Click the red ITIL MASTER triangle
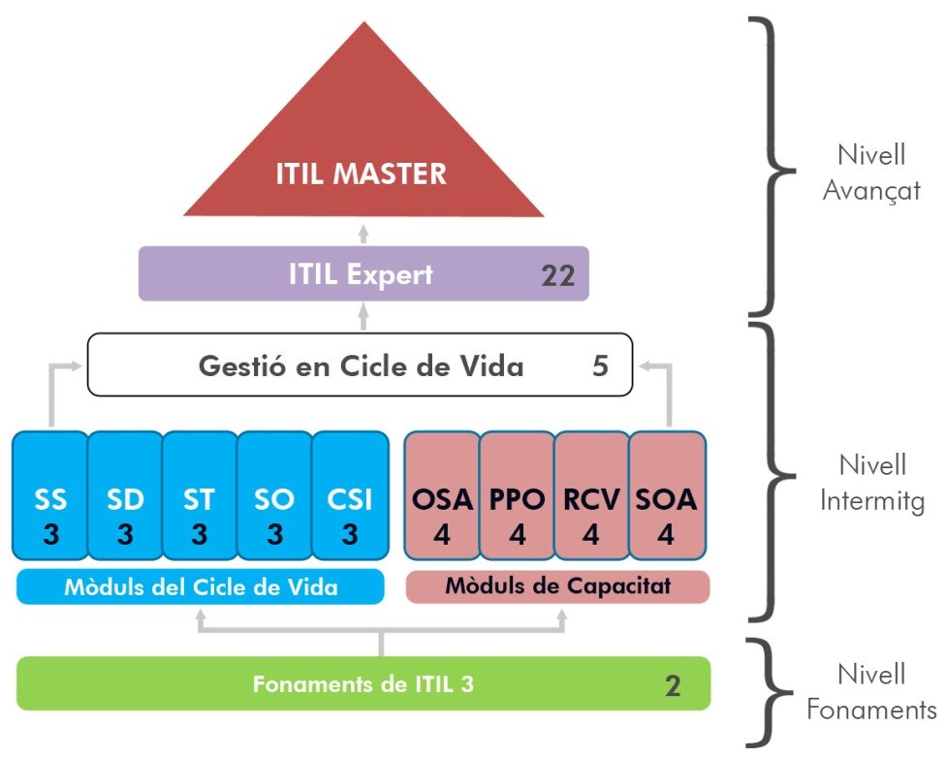click(363, 155)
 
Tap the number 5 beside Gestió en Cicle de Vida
click(601, 366)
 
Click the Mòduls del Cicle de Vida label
click(201, 587)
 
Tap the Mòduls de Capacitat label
click(557, 586)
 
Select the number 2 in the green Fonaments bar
click(673, 686)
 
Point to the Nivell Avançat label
click(870, 173)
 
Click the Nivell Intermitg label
click(870, 482)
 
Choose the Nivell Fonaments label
click(870, 691)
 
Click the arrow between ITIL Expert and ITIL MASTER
click(363, 232)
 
